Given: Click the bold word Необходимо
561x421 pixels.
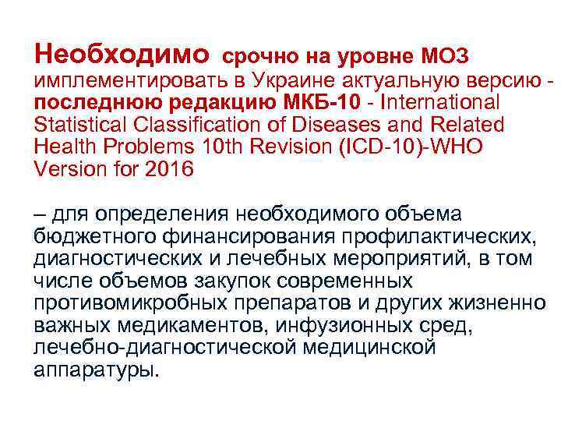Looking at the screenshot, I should [x=122, y=55].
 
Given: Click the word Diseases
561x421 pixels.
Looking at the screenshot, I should [x=353, y=125].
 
